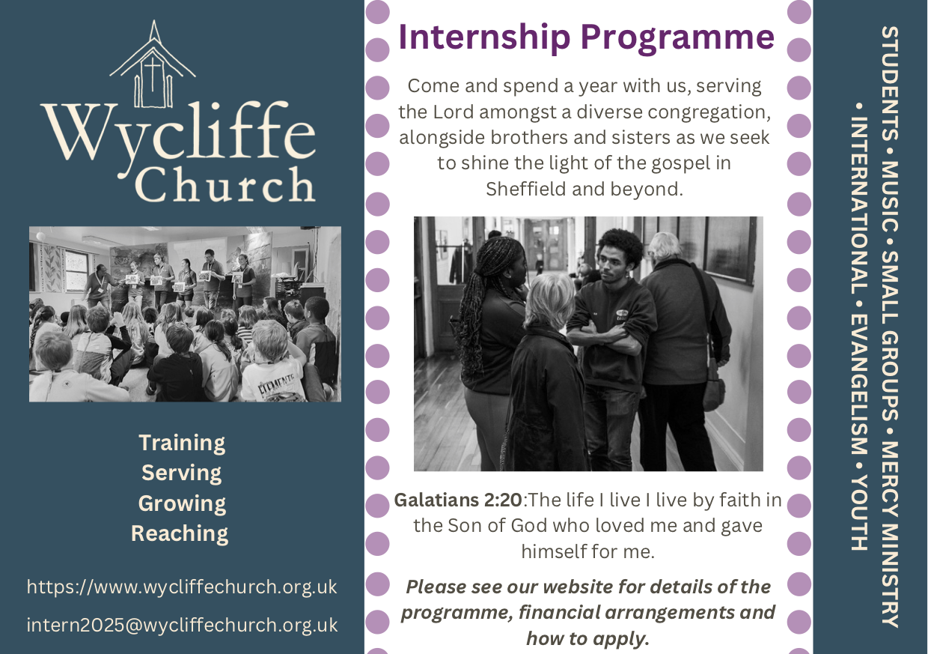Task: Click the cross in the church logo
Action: point(153,75)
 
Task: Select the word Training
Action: point(182,443)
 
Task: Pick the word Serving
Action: point(181,473)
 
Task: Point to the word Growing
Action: point(182,503)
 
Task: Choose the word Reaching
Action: point(180,533)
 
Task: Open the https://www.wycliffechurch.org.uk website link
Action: point(182,587)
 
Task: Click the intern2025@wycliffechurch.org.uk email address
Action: point(182,625)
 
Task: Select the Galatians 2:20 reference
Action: point(458,500)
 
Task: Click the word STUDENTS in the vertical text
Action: point(889,83)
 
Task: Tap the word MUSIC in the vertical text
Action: point(889,196)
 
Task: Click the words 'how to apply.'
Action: point(587,638)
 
